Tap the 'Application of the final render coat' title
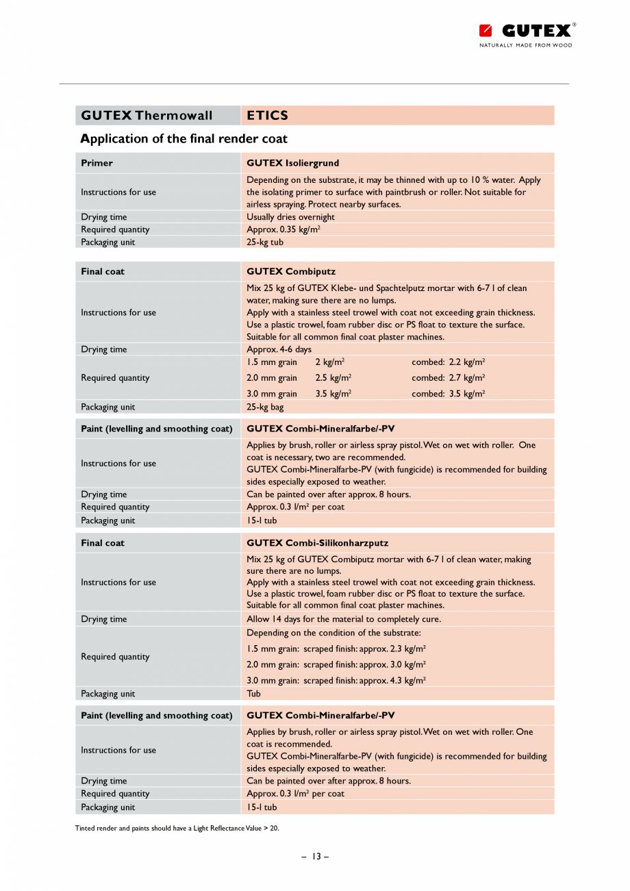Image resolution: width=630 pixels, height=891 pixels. tap(184, 138)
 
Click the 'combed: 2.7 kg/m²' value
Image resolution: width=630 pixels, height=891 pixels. tap(449, 377)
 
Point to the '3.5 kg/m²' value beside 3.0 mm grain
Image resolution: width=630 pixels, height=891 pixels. tap(333, 394)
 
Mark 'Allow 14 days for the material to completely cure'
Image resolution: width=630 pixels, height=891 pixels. tap(344, 619)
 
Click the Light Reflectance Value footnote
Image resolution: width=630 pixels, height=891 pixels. tap(177, 828)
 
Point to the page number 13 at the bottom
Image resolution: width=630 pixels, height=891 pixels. tap(315, 856)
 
